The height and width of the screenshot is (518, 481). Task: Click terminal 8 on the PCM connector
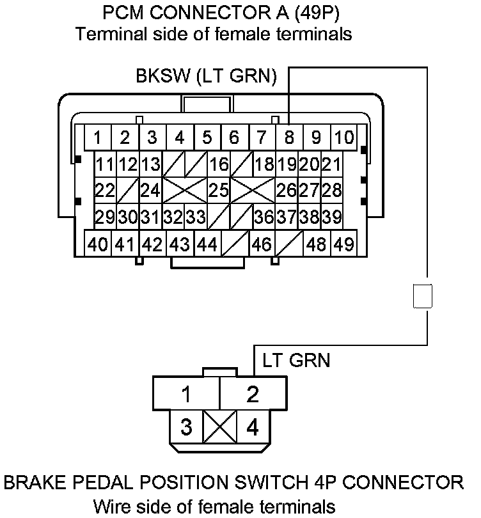pos(289,137)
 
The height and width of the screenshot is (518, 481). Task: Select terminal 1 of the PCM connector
pos(98,137)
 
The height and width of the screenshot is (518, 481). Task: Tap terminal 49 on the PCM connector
pos(344,244)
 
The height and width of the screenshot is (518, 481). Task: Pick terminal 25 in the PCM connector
pos(219,191)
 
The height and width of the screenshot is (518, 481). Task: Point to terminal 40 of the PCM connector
pos(99,244)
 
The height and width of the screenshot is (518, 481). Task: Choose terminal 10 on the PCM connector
pos(344,137)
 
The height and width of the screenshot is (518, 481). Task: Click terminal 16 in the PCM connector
pos(219,164)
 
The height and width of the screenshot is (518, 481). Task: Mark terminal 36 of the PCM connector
pos(264,217)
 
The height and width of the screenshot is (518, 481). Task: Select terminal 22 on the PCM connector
pos(104,191)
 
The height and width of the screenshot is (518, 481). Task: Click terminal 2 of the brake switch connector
pos(253,395)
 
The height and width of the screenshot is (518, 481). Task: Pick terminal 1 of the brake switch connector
pos(185,395)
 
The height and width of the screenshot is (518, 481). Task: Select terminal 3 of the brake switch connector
pos(185,427)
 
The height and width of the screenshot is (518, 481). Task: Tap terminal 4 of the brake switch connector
pos(253,427)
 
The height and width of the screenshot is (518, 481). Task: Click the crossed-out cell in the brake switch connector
pos(219,427)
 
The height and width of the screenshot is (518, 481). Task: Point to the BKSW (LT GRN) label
pos(206,77)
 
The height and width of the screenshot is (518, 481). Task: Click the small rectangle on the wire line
pos(423,297)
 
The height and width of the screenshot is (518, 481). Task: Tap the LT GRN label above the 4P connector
pos(296,361)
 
